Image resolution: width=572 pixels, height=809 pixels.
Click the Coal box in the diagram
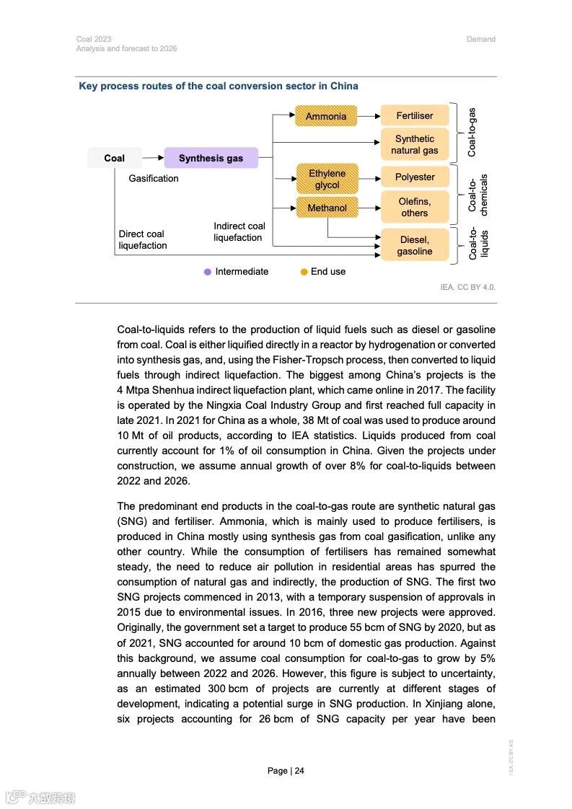114,158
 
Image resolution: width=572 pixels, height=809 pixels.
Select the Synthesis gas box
211,158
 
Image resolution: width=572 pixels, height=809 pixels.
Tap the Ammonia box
326,116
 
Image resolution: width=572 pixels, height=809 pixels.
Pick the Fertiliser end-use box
415,115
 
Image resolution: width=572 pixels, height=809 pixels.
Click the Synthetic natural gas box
415,144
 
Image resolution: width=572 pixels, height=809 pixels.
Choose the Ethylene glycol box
327,179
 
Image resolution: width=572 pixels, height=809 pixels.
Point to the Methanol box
327,208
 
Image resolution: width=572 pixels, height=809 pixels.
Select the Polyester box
415,177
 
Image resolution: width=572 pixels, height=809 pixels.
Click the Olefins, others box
415,207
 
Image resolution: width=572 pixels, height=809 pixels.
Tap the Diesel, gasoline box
415,245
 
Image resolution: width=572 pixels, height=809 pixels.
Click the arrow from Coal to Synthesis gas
152,158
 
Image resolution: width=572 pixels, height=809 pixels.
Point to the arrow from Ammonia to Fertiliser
369,115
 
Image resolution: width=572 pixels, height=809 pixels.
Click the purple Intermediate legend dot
208,272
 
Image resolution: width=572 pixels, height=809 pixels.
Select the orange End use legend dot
304,272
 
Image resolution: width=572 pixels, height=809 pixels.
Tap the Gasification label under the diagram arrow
154,178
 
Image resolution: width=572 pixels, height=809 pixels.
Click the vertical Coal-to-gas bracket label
472,133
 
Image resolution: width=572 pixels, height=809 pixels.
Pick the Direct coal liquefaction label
143,239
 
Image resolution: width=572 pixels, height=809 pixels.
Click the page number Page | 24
286,771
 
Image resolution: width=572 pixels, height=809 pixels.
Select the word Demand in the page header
481,39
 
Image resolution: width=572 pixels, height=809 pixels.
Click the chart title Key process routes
218,86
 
